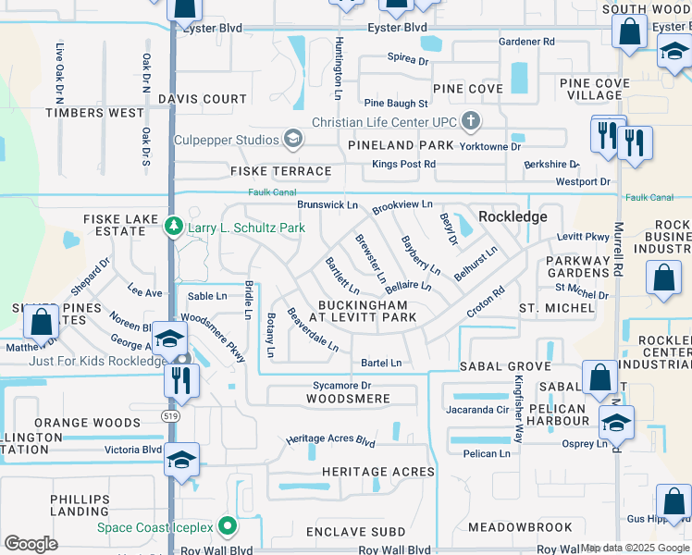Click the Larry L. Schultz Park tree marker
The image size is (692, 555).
pyautogui.click(x=173, y=227)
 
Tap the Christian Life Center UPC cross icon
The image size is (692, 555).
pyautogui.click(x=471, y=121)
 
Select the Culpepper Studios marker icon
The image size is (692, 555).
pyautogui.click(x=293, y=140)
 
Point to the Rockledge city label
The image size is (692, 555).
pyautogui.click(x=513, y=216)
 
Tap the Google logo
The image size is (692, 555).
pyautogui.click(x=31, y=543)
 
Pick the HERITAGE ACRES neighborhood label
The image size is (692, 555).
pyautogui.click(x=378, y=472)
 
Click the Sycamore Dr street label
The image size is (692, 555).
pyautogui.click(x=340, y=385)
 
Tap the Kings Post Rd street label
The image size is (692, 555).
pyautogui.click(x=404, y=164)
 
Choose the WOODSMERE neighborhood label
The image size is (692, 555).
pyautogui.click(x=348, y=399)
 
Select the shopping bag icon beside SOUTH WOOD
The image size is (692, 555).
pyautogui.click(x=630, y=33)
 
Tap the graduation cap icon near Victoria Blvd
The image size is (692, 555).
pyautogui.click(x=182, y=460)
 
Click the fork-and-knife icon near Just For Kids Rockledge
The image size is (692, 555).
pyautogui.click(x=180, y=379)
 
